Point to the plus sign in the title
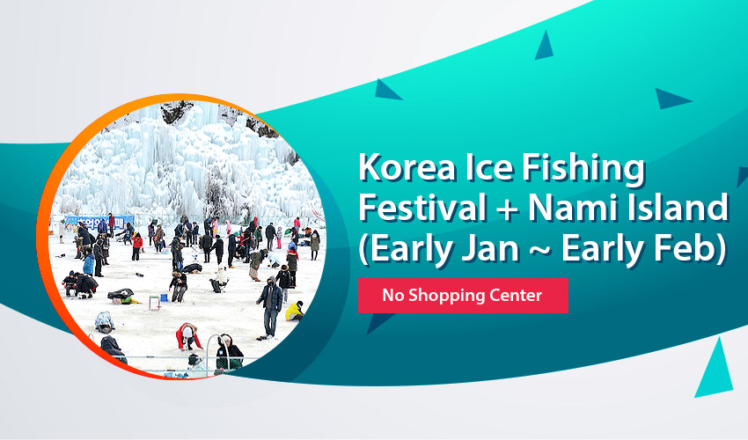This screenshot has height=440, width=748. click(510, 210)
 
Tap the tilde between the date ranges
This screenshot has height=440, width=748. click(539, 251)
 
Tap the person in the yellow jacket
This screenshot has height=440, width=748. click(294, 312)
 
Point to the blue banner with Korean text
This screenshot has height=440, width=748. click(99, 223)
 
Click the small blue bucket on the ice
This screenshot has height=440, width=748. click(164, 297)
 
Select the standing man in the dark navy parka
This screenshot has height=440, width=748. click(271, 307)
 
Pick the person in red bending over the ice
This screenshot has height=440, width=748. click(188, 336)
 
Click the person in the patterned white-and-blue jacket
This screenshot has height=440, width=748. click(105, 322)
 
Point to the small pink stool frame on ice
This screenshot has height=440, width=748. click(154, 303)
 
